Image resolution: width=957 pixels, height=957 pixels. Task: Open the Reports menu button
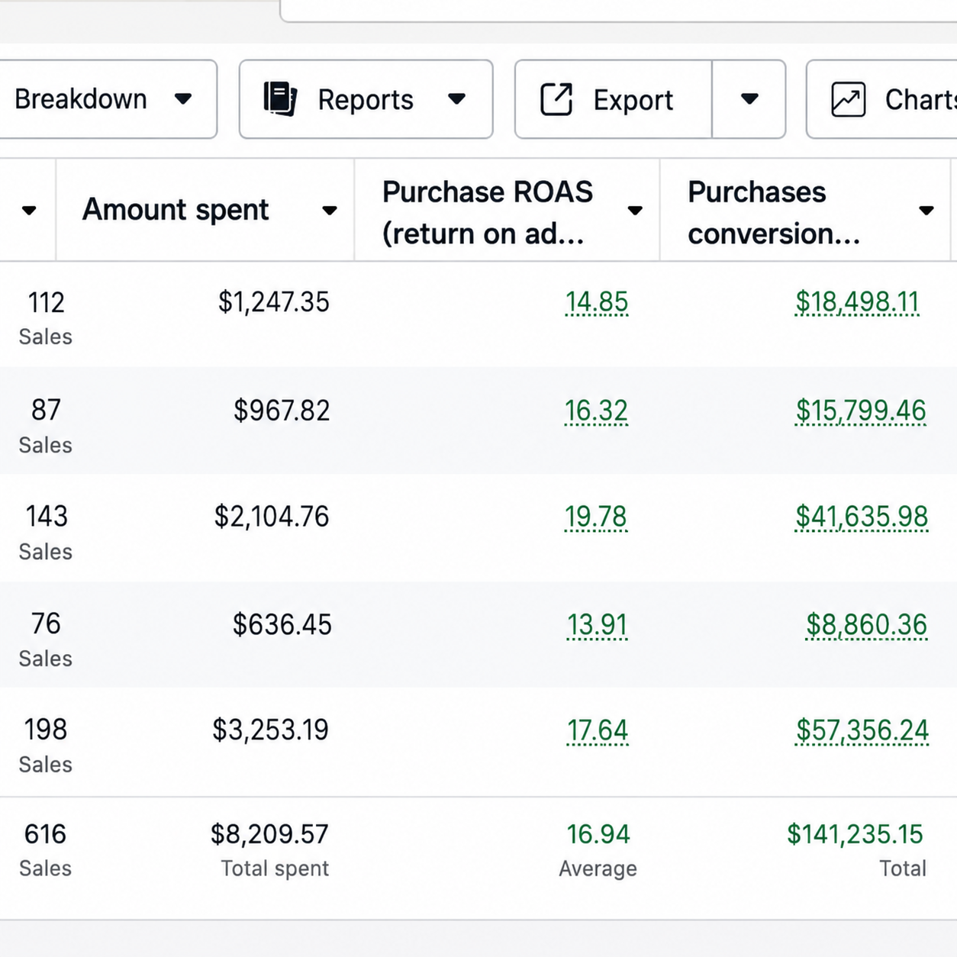click(366, 99)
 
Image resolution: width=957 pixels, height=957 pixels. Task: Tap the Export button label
click(633, 100)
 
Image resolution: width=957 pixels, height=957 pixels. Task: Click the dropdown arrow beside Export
click(749, 98)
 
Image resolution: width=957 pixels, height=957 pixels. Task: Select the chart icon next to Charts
click(848, 99)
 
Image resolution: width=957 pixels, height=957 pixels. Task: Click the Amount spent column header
click(176, 209)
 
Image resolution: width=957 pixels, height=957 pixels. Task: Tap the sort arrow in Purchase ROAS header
click(635, 211)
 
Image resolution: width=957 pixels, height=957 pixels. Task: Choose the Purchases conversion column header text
click(774, 212)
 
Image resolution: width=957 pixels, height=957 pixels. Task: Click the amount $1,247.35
click(274, 302)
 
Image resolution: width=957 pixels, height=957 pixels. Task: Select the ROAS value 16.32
click(596, 411)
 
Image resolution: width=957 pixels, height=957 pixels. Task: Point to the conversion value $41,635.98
click(862, 517)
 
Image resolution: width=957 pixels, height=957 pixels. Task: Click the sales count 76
click(46, 623)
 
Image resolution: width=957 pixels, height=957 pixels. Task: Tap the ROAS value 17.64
click(598, 730)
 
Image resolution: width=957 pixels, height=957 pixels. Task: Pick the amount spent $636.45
click(282, 625)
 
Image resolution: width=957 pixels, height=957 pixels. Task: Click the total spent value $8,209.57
click(269, 834)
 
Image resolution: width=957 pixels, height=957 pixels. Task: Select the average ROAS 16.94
click(598, 834)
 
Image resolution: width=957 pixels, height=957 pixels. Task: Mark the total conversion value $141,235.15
click(855, 834)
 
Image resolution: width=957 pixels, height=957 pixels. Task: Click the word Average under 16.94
click(598, 868)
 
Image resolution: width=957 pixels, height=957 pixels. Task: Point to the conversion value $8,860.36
click(867, 625)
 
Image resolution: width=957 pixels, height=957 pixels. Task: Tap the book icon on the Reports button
click(281, 98)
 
